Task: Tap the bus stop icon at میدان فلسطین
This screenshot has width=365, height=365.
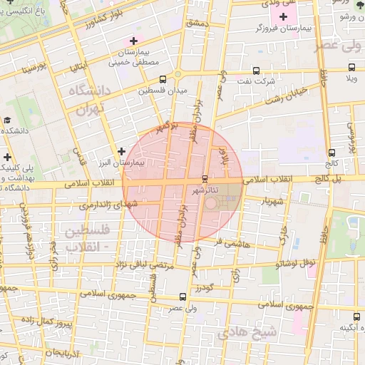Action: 163,79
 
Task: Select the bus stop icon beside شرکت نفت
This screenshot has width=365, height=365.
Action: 257,71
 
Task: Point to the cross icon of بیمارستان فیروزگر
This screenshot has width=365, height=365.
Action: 293,16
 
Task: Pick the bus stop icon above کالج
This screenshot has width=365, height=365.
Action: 332,153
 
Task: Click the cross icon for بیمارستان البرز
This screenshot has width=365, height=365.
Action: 122,151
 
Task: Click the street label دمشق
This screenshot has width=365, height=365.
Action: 195,23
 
